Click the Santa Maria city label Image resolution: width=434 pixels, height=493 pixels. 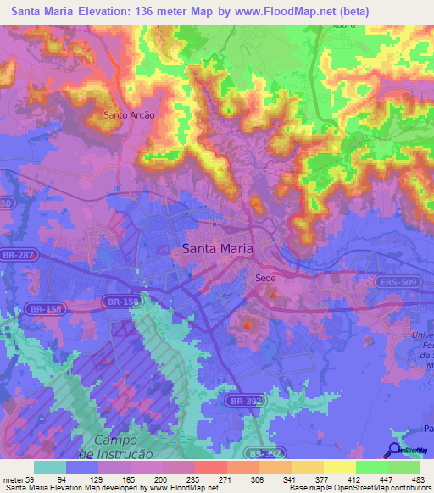pyautogui.click(x=217, y=249)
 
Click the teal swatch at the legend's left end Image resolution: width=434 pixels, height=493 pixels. pyautogui.click(x=49, y=467)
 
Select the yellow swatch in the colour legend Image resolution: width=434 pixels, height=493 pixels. pyautogui.click(x=339, y=467)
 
